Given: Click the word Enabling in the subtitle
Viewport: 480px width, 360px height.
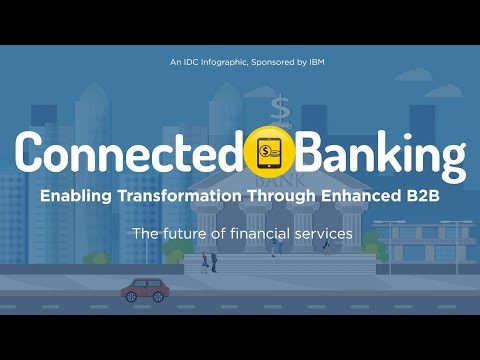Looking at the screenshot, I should click(73, 196).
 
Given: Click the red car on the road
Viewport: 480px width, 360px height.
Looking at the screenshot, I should click(145, 291).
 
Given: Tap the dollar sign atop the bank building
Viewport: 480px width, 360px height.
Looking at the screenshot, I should click(280, 105).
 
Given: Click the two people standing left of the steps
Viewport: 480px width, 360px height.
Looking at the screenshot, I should click(209, 262).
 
